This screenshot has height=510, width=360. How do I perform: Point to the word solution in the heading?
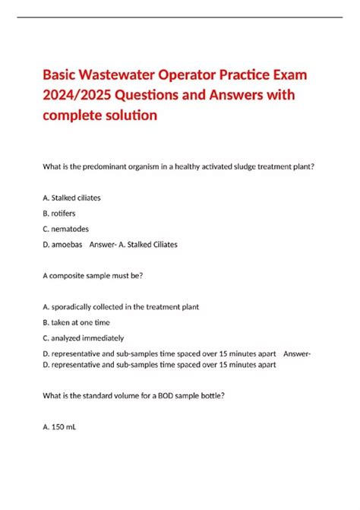click(x=132, y=116)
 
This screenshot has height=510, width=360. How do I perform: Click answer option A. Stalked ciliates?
click(x=72, y=198)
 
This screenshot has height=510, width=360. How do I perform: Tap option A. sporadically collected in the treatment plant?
click(x=121, y=307)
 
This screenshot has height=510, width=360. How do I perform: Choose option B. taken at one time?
click(x=79, y=322)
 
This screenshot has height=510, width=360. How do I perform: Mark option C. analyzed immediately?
click(x=84, y=338)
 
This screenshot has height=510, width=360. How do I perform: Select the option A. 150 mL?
click(x=60, y=426)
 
